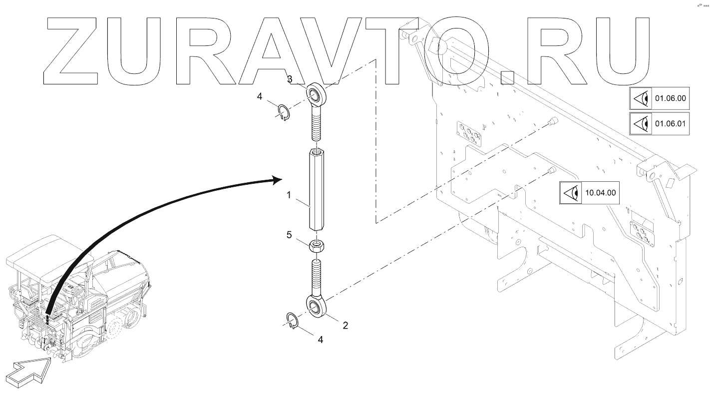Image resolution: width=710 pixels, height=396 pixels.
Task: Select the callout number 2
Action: [345, 326]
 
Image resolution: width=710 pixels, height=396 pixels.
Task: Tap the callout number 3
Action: [289, 79]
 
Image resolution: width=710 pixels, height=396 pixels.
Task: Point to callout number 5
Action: [289, 235]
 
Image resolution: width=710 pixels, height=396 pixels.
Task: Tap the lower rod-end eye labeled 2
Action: [316, 306]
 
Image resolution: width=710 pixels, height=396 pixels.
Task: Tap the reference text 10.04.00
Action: [600, 192]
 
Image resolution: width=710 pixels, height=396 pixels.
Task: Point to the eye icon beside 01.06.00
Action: [641, 99]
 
